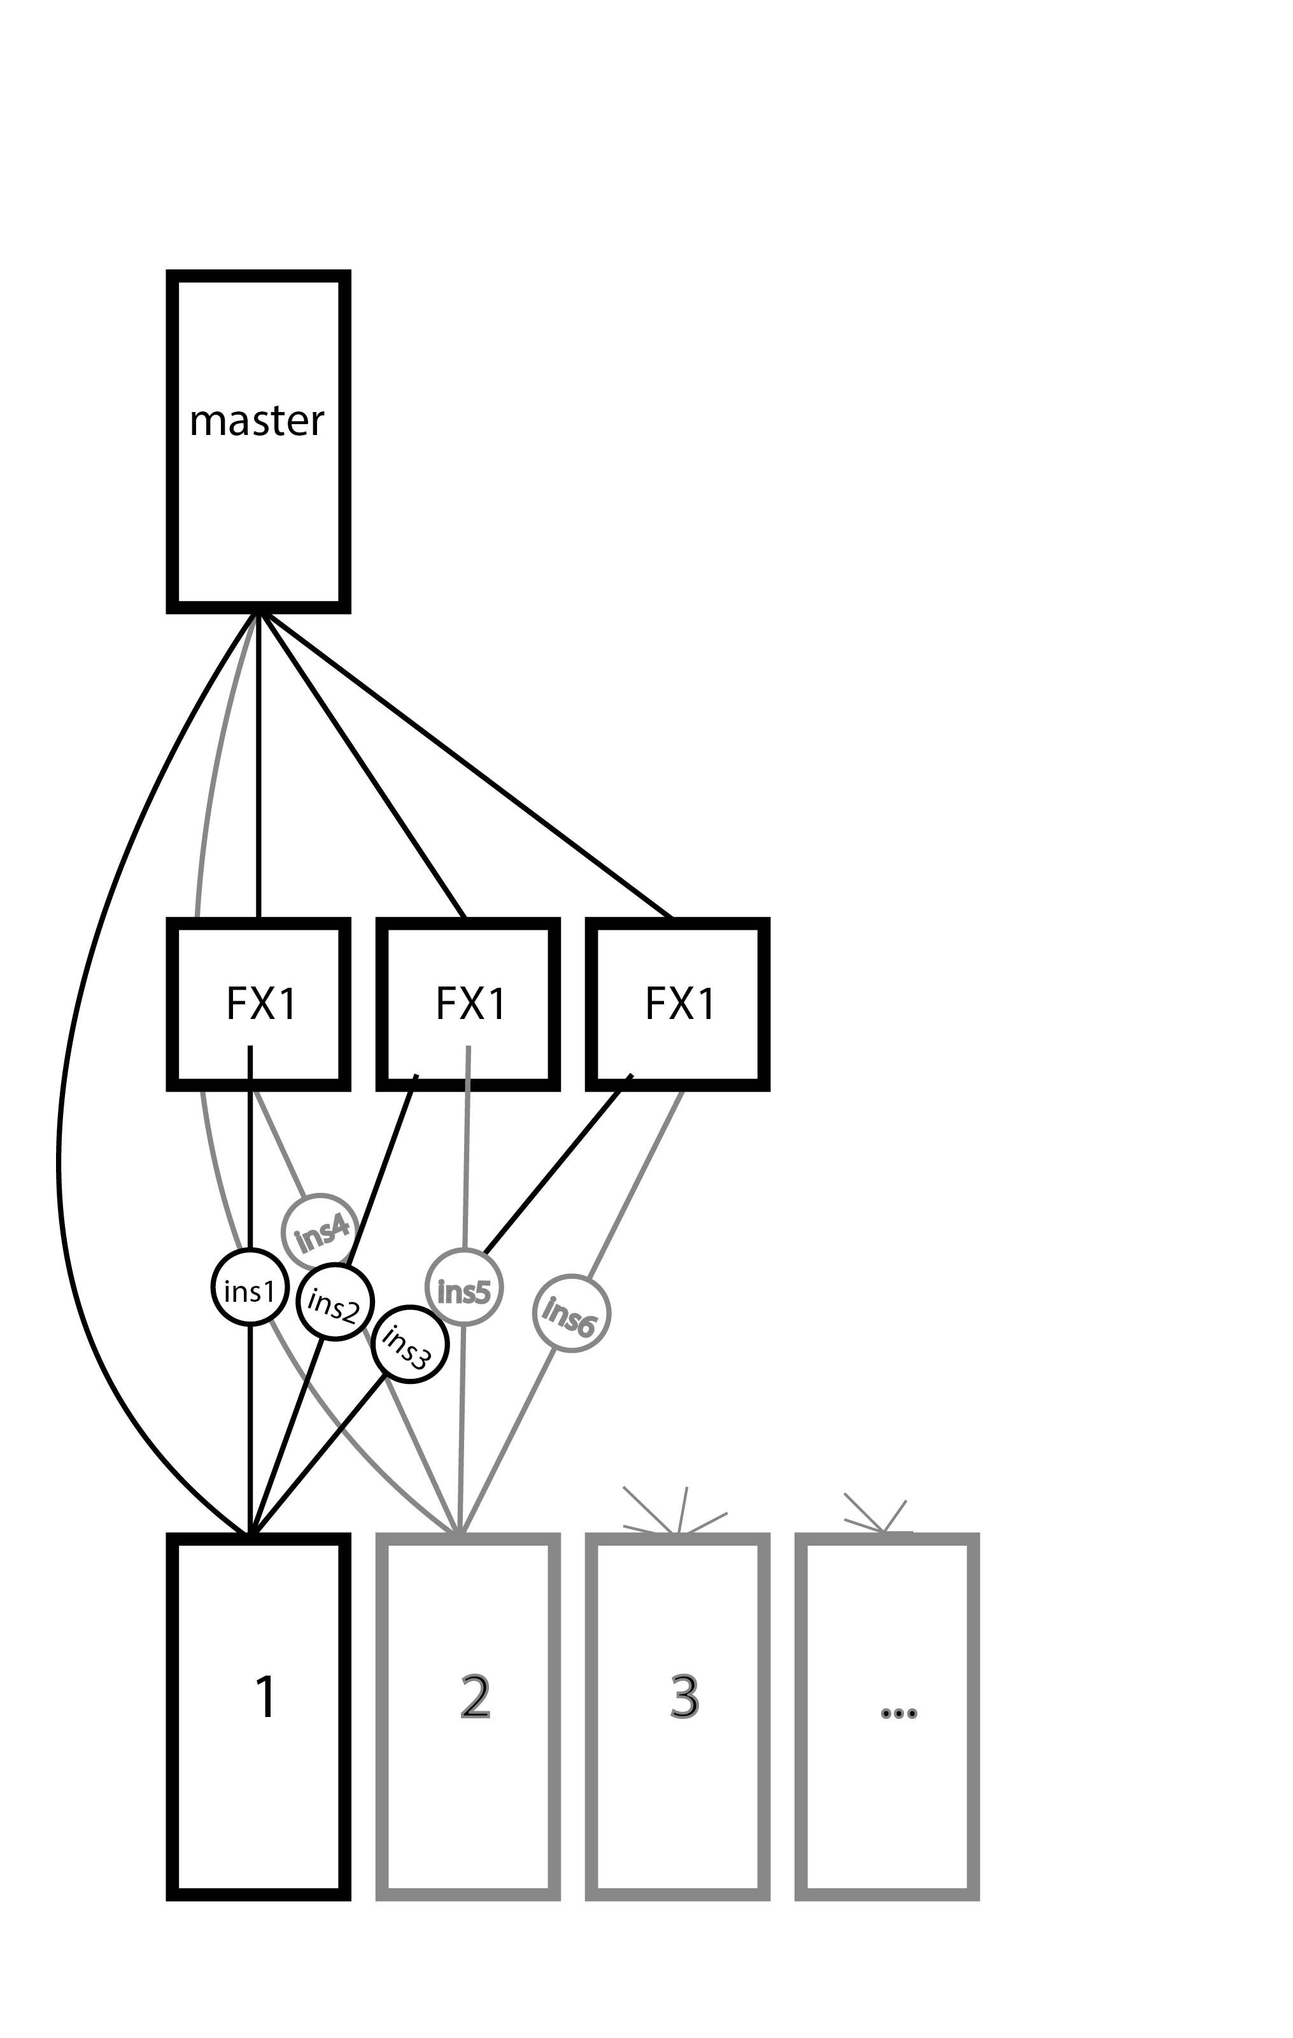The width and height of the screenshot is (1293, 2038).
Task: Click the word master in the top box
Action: coord(257,420)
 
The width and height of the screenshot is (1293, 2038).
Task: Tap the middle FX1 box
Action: coord(469,1004)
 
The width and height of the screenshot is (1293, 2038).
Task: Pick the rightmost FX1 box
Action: coord(679,1004)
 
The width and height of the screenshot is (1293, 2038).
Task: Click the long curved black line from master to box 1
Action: coord(67,1101)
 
